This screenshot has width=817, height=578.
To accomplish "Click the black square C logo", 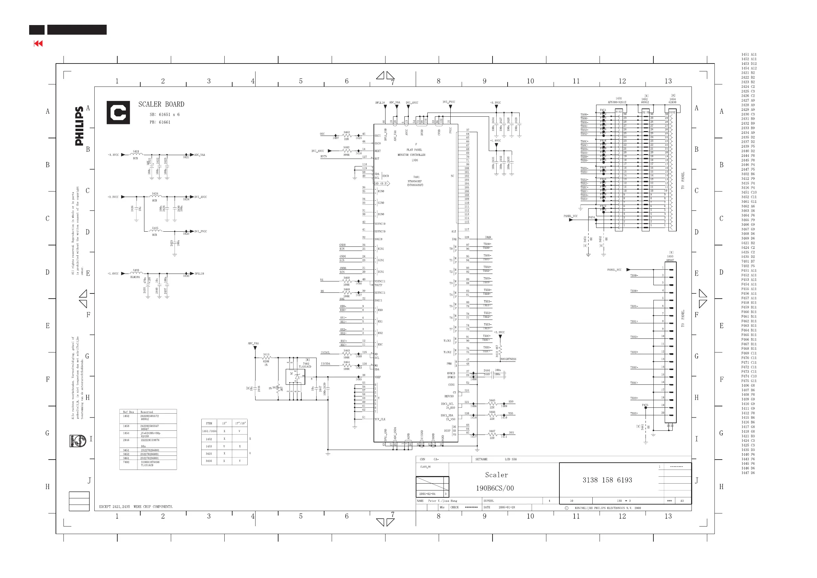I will [118, 113].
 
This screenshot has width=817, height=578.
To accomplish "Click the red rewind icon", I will [38, 44].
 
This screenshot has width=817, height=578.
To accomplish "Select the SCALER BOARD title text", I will [161, 104].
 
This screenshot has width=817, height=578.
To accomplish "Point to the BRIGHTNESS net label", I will [508, 359].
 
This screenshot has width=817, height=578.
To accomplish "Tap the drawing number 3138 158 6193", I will [607, 480].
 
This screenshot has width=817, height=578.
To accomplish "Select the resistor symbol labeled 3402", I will [346, 151].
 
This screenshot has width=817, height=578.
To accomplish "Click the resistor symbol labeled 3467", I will [492, 435].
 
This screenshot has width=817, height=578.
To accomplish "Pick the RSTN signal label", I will [323, 156].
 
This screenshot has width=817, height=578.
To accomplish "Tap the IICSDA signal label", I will [325, 364].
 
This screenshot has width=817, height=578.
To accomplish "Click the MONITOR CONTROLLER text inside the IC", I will [411, 155].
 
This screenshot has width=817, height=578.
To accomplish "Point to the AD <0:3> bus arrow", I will [382, 183].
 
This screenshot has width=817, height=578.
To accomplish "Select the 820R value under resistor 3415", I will [266, 361].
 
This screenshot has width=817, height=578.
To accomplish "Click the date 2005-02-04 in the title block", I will [427, 494].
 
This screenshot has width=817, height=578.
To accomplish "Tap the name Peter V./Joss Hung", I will [442, 501].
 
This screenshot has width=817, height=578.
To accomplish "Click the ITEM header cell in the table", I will [209, 424].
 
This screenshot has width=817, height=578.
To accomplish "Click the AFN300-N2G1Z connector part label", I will [617, 102].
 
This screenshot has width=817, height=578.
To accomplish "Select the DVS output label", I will [511, 433].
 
